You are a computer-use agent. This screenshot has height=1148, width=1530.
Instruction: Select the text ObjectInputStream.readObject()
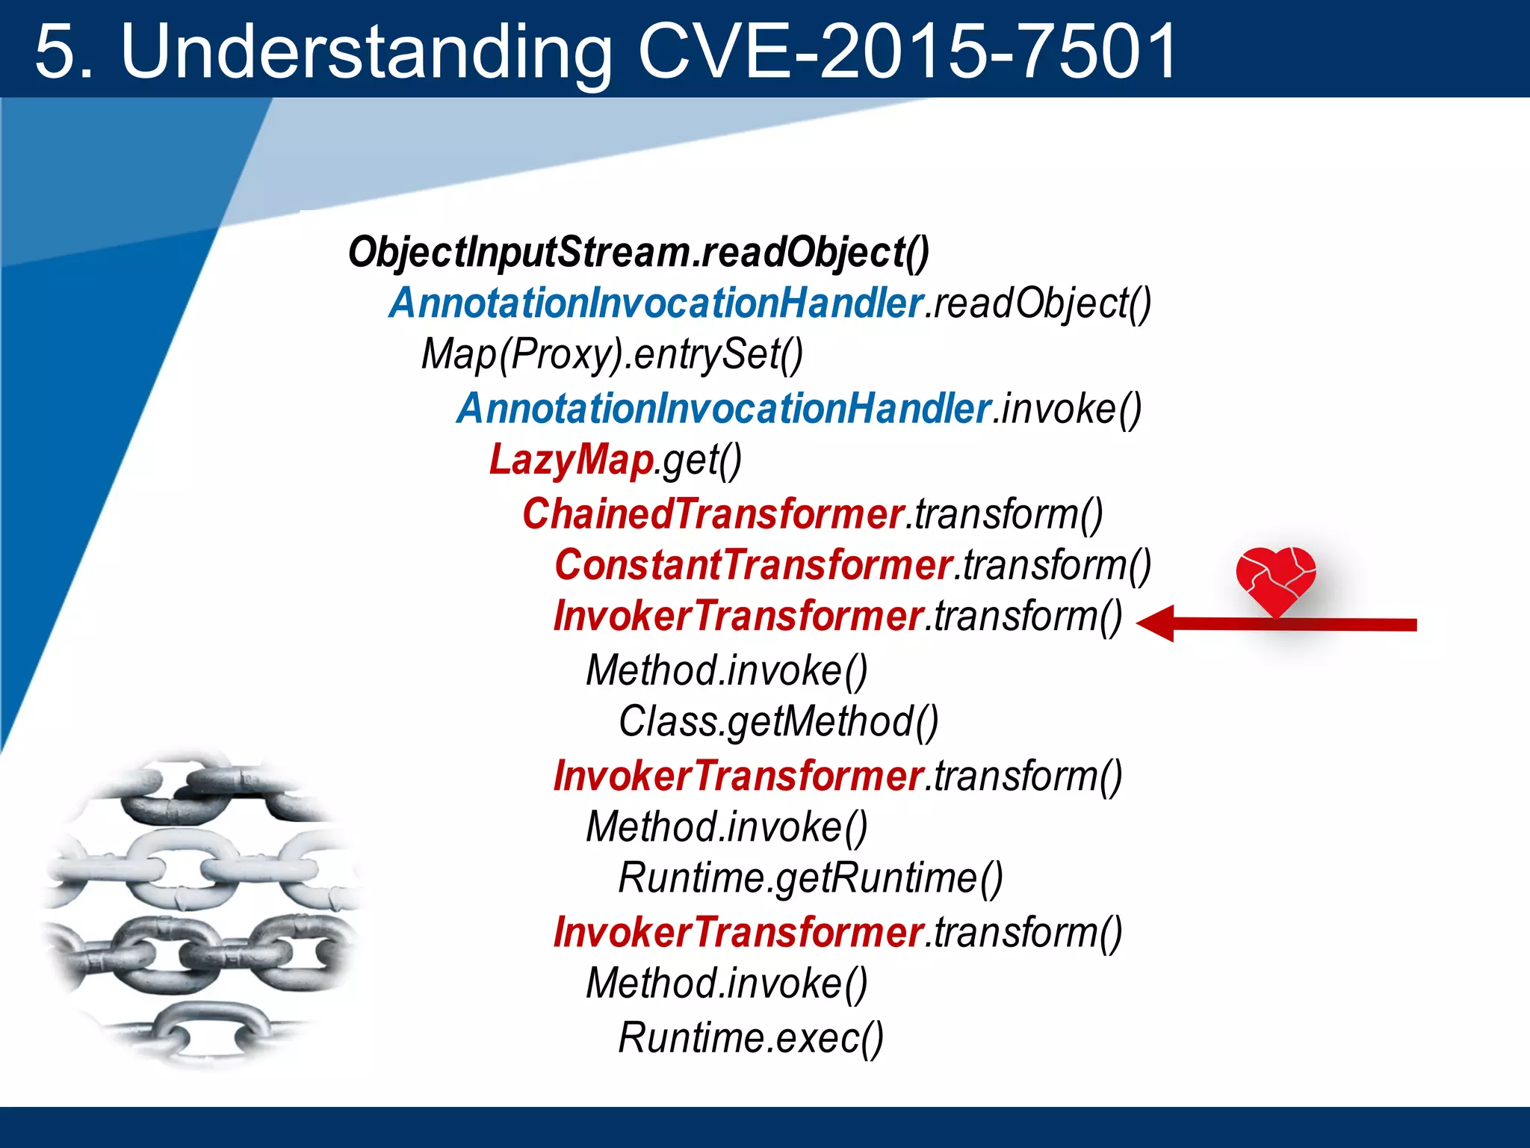click(x=639, y=252)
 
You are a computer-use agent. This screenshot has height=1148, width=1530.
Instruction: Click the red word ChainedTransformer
click(x=713, y=514)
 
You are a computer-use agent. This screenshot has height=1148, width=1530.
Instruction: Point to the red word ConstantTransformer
click(x=753, y=565)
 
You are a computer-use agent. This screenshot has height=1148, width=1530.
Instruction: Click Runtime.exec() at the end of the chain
click(x=751, y=1037)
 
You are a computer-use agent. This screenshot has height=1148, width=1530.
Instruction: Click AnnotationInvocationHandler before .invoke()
click(x=723, y=409)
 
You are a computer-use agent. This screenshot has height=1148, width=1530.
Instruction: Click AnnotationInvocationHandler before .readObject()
click(x=656, y=303)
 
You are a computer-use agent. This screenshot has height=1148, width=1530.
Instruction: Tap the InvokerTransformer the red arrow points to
click(x=738, y=617)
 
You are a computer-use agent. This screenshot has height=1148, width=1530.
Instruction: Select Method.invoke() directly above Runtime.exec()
click(x=726, y=984)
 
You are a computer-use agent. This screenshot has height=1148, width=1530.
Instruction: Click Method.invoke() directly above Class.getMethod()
click(x=726, y=670)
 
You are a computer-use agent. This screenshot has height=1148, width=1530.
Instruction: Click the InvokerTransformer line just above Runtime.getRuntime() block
click(x=738, y=777)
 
